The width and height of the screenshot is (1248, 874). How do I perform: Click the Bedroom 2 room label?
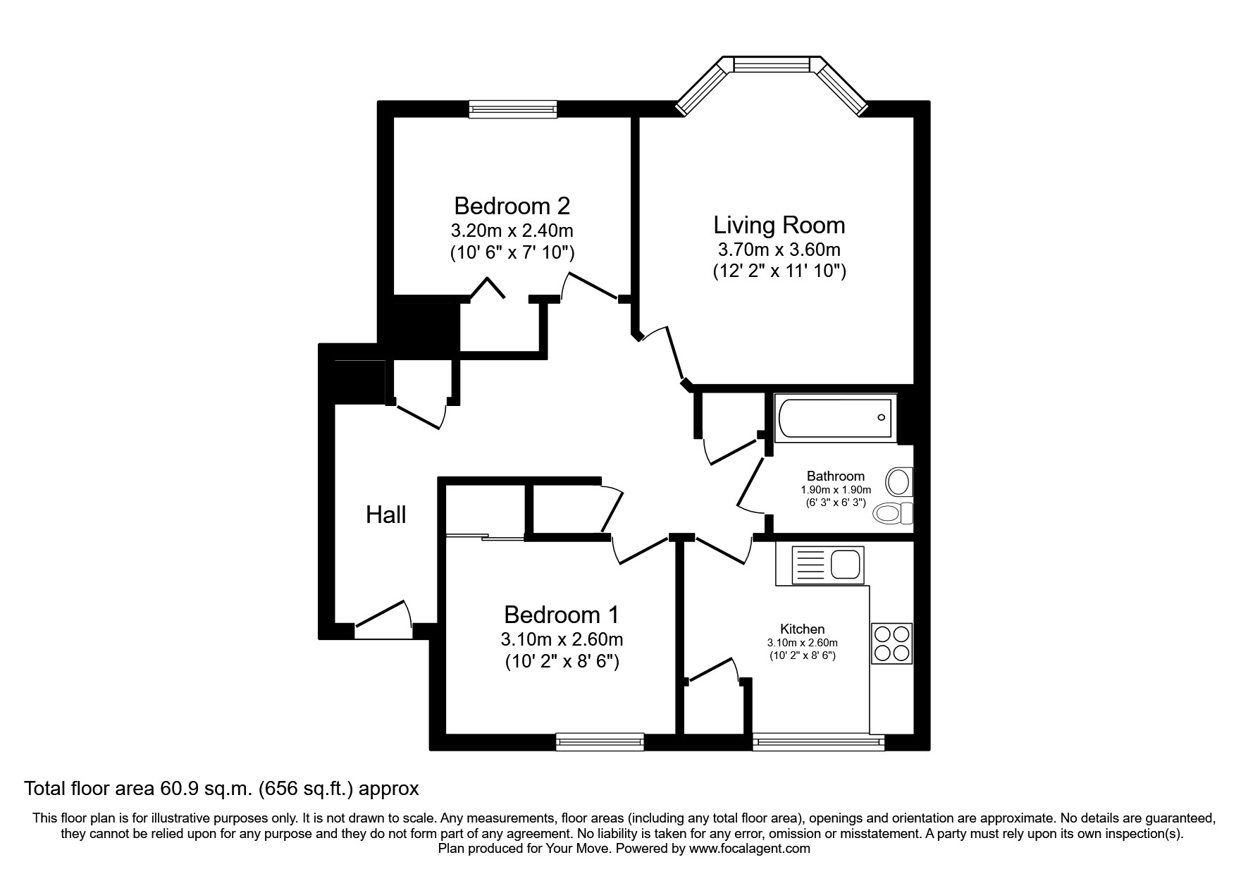[x=512, y=207]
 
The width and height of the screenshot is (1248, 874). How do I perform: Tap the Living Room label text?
[x=779, y=226]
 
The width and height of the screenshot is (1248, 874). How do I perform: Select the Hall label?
[x=385, y=515]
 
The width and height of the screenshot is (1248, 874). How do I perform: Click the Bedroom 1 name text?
[x=561, y=615]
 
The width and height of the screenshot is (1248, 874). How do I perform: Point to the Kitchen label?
[x=802, y=629]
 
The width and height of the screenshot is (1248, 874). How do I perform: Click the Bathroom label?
[x=835, y=476]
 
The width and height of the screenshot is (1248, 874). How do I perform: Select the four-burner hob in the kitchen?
[x=891, y=644]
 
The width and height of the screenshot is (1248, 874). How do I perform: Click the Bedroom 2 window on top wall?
[x=513, y=108]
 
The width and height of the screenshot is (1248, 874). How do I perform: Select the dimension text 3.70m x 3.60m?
[x=779, y=250]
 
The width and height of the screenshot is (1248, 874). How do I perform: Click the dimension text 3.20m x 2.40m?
[x=512, y=230]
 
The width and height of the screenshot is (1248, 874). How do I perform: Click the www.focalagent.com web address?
[x=749, y=849]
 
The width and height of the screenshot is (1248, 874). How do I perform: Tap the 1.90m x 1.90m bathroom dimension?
[x=835, y=490]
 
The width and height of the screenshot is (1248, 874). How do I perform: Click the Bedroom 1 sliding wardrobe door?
[x=485, y=538]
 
